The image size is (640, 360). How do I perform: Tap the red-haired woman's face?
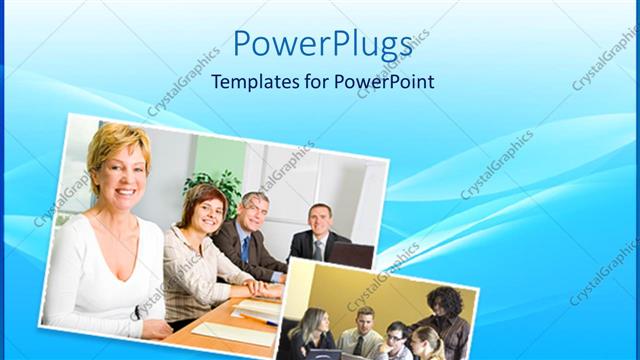click(203, 208)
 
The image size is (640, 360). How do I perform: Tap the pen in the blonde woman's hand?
click(137, 313)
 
